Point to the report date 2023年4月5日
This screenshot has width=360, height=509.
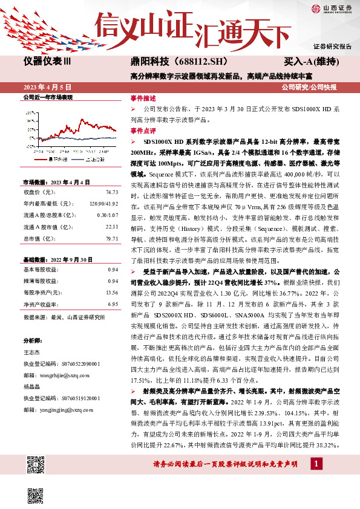(x=47, y=86)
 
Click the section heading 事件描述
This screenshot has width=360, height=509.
(x=143, y=98)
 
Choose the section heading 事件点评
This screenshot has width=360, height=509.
(x=143, y=130)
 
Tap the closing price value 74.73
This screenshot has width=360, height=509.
(x=111, y=192)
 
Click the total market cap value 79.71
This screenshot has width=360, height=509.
(x=111, y=238)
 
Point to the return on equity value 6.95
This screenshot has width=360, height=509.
(x=113, y=304)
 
